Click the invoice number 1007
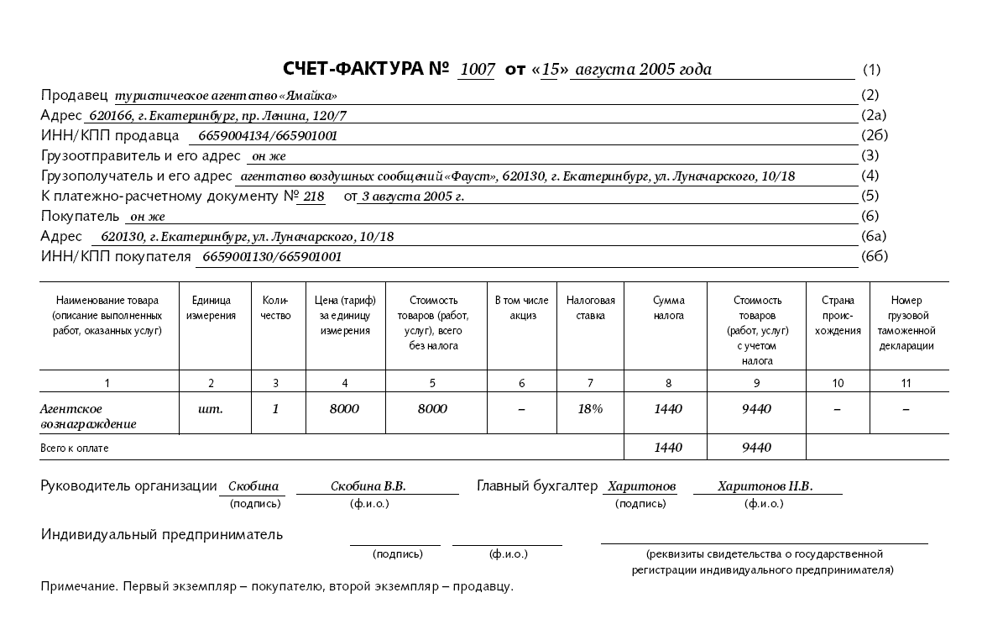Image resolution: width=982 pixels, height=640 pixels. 478,70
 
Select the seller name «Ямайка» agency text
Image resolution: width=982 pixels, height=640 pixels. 226,96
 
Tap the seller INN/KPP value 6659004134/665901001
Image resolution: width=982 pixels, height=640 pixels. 268,136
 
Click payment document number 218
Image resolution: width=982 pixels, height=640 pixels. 314,197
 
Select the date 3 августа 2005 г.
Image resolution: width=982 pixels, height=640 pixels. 412,197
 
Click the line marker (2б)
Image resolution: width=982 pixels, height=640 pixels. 874,135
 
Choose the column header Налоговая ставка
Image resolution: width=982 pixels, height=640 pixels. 590,308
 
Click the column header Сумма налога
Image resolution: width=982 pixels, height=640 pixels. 668,308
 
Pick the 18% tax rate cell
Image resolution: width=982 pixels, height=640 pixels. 590,409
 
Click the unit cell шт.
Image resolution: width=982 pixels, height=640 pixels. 211,409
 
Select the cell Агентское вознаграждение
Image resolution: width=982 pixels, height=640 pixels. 88,417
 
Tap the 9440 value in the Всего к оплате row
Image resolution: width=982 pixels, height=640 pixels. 756,448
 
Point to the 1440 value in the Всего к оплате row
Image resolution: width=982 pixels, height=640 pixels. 668,448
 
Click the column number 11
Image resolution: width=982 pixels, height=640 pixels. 906,383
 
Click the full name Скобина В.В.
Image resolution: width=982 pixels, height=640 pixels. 368,486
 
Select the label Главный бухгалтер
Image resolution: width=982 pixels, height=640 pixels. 537,486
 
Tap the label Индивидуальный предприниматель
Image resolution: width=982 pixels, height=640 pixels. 162,534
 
